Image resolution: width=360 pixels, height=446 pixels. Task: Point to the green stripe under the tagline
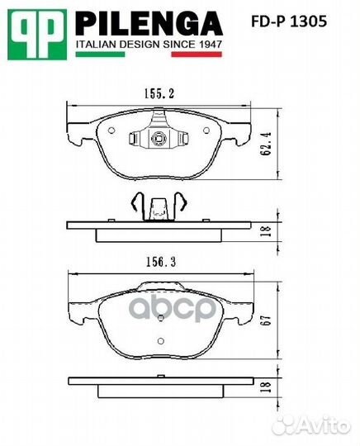coord(100,54)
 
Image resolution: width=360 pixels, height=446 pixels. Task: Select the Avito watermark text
coord(322,425)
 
